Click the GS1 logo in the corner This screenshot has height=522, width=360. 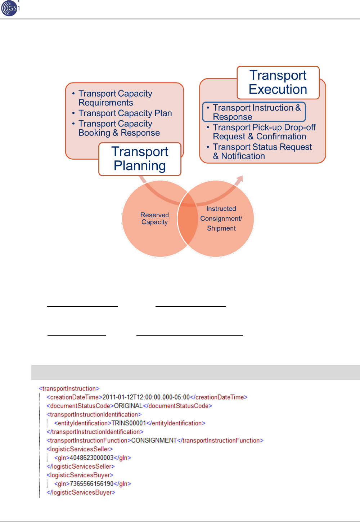coord(10,8)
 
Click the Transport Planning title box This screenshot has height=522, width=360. coord(140,159)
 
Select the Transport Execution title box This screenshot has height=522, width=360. coord(278,82)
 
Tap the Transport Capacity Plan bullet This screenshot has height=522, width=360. coord(125,113)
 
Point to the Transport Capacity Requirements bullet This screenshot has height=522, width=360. coord(115,98)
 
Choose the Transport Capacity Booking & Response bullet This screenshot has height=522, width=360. coord(119,128)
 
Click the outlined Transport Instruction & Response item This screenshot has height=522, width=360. coord(254,112)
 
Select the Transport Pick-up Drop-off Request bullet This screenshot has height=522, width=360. coord(264,132)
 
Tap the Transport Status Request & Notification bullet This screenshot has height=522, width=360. coord(262,151)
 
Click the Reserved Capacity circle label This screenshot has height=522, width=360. coord(154,218)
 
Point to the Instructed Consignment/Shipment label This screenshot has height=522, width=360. coord(221,218)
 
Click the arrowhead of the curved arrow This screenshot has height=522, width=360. coord(239,180)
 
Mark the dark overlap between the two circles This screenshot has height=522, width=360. coord(188,218)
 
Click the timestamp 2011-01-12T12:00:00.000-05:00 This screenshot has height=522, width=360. coord(146,397)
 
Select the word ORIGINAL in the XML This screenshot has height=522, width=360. coord(128,406)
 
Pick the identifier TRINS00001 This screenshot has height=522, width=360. coord(129,423)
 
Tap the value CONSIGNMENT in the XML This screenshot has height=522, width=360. coord(154,441)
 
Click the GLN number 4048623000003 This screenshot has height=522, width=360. coord(91,458)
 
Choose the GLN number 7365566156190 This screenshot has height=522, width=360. coord(91,484)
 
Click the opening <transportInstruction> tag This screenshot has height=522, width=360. coord(69,389)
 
